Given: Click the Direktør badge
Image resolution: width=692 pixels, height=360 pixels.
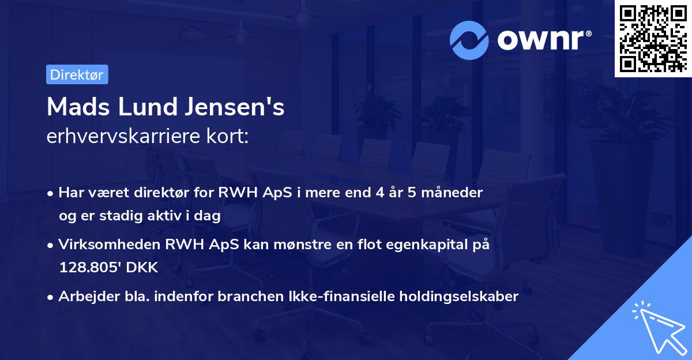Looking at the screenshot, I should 77,74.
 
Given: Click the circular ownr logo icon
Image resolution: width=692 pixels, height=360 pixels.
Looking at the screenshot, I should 469,40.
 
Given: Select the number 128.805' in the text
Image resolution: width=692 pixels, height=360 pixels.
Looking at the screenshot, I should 88,268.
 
